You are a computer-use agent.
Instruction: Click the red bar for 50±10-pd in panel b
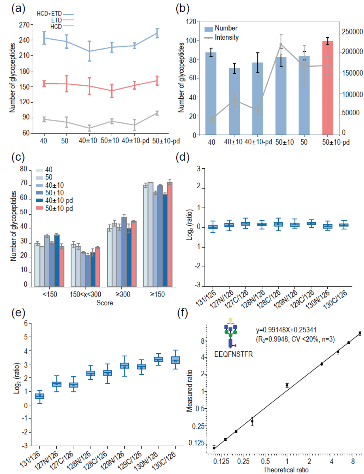coord(328,88)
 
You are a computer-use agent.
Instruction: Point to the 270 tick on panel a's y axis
coord(24,25)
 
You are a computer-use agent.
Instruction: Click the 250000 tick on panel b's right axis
coord(352,32)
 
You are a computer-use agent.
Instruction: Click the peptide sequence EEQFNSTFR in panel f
coord(233,354)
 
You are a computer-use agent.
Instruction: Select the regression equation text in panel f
coord(286,330)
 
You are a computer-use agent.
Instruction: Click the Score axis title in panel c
coord(105,303)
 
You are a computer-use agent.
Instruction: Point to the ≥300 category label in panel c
coord(123,294)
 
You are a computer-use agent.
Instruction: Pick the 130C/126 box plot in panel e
coord(176,360)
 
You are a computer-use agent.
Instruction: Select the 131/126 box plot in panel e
coord(40,396)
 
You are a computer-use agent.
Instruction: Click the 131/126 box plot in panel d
coord(213,227)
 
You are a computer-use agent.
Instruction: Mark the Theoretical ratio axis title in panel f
coord(285,470)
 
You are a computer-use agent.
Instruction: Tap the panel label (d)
coord(182,157)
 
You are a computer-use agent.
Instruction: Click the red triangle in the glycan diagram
coord(234,345)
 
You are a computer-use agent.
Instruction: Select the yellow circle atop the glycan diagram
coord(231,320)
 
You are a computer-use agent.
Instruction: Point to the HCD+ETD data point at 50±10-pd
coord(157,33)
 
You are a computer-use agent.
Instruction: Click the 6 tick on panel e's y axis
coord(25,323)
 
